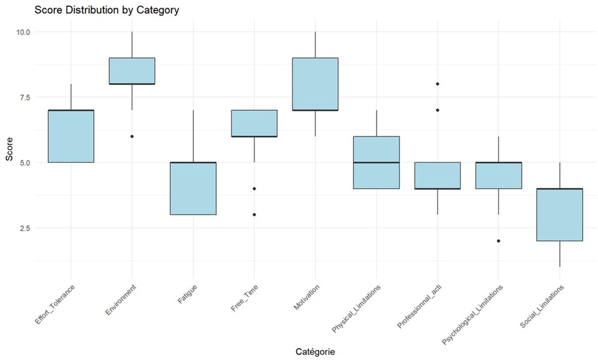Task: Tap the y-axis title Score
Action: click(x=9, y=150)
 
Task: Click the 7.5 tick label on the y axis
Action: click(x=22, y=97)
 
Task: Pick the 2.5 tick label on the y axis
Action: click(x=22, y=228)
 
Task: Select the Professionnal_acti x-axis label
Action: click(x=419, y=307)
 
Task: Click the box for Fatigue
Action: click(x=193, y=188)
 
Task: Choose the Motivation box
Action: click(x=315, y=84)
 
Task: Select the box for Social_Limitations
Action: click(x=559, y=215)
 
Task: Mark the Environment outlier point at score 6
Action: click(x=132, y=136)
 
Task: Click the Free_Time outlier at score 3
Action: click(x=254, y=215)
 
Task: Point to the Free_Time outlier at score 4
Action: click(x=254, y=188)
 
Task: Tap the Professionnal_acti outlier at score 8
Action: click(x=437, y=84)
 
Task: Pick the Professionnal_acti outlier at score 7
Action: click(x=437, y=110)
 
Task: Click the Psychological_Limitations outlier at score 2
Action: click(x=498, y=241)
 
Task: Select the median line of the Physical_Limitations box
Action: click(x=376, y=162)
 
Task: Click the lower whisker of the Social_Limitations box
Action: click(x=559, y=254)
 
